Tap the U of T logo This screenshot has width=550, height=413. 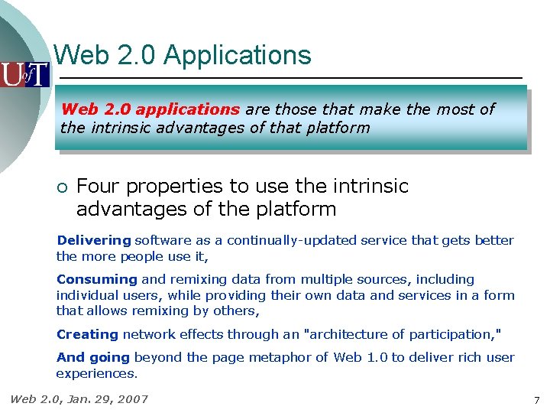[x=24, y=74]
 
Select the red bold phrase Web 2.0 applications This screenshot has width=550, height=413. [x=150, y=109]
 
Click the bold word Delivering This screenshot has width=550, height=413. [x=94, y=240]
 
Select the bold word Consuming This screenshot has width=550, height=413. [x=97, y=280]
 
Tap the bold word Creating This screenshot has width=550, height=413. [x=88, y=334]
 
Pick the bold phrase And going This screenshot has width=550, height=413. [x=94, y=357]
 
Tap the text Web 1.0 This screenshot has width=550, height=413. [x=363, y=357]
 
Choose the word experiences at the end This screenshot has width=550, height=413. [x=96, y=373]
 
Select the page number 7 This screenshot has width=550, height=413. [x=537, y=400]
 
